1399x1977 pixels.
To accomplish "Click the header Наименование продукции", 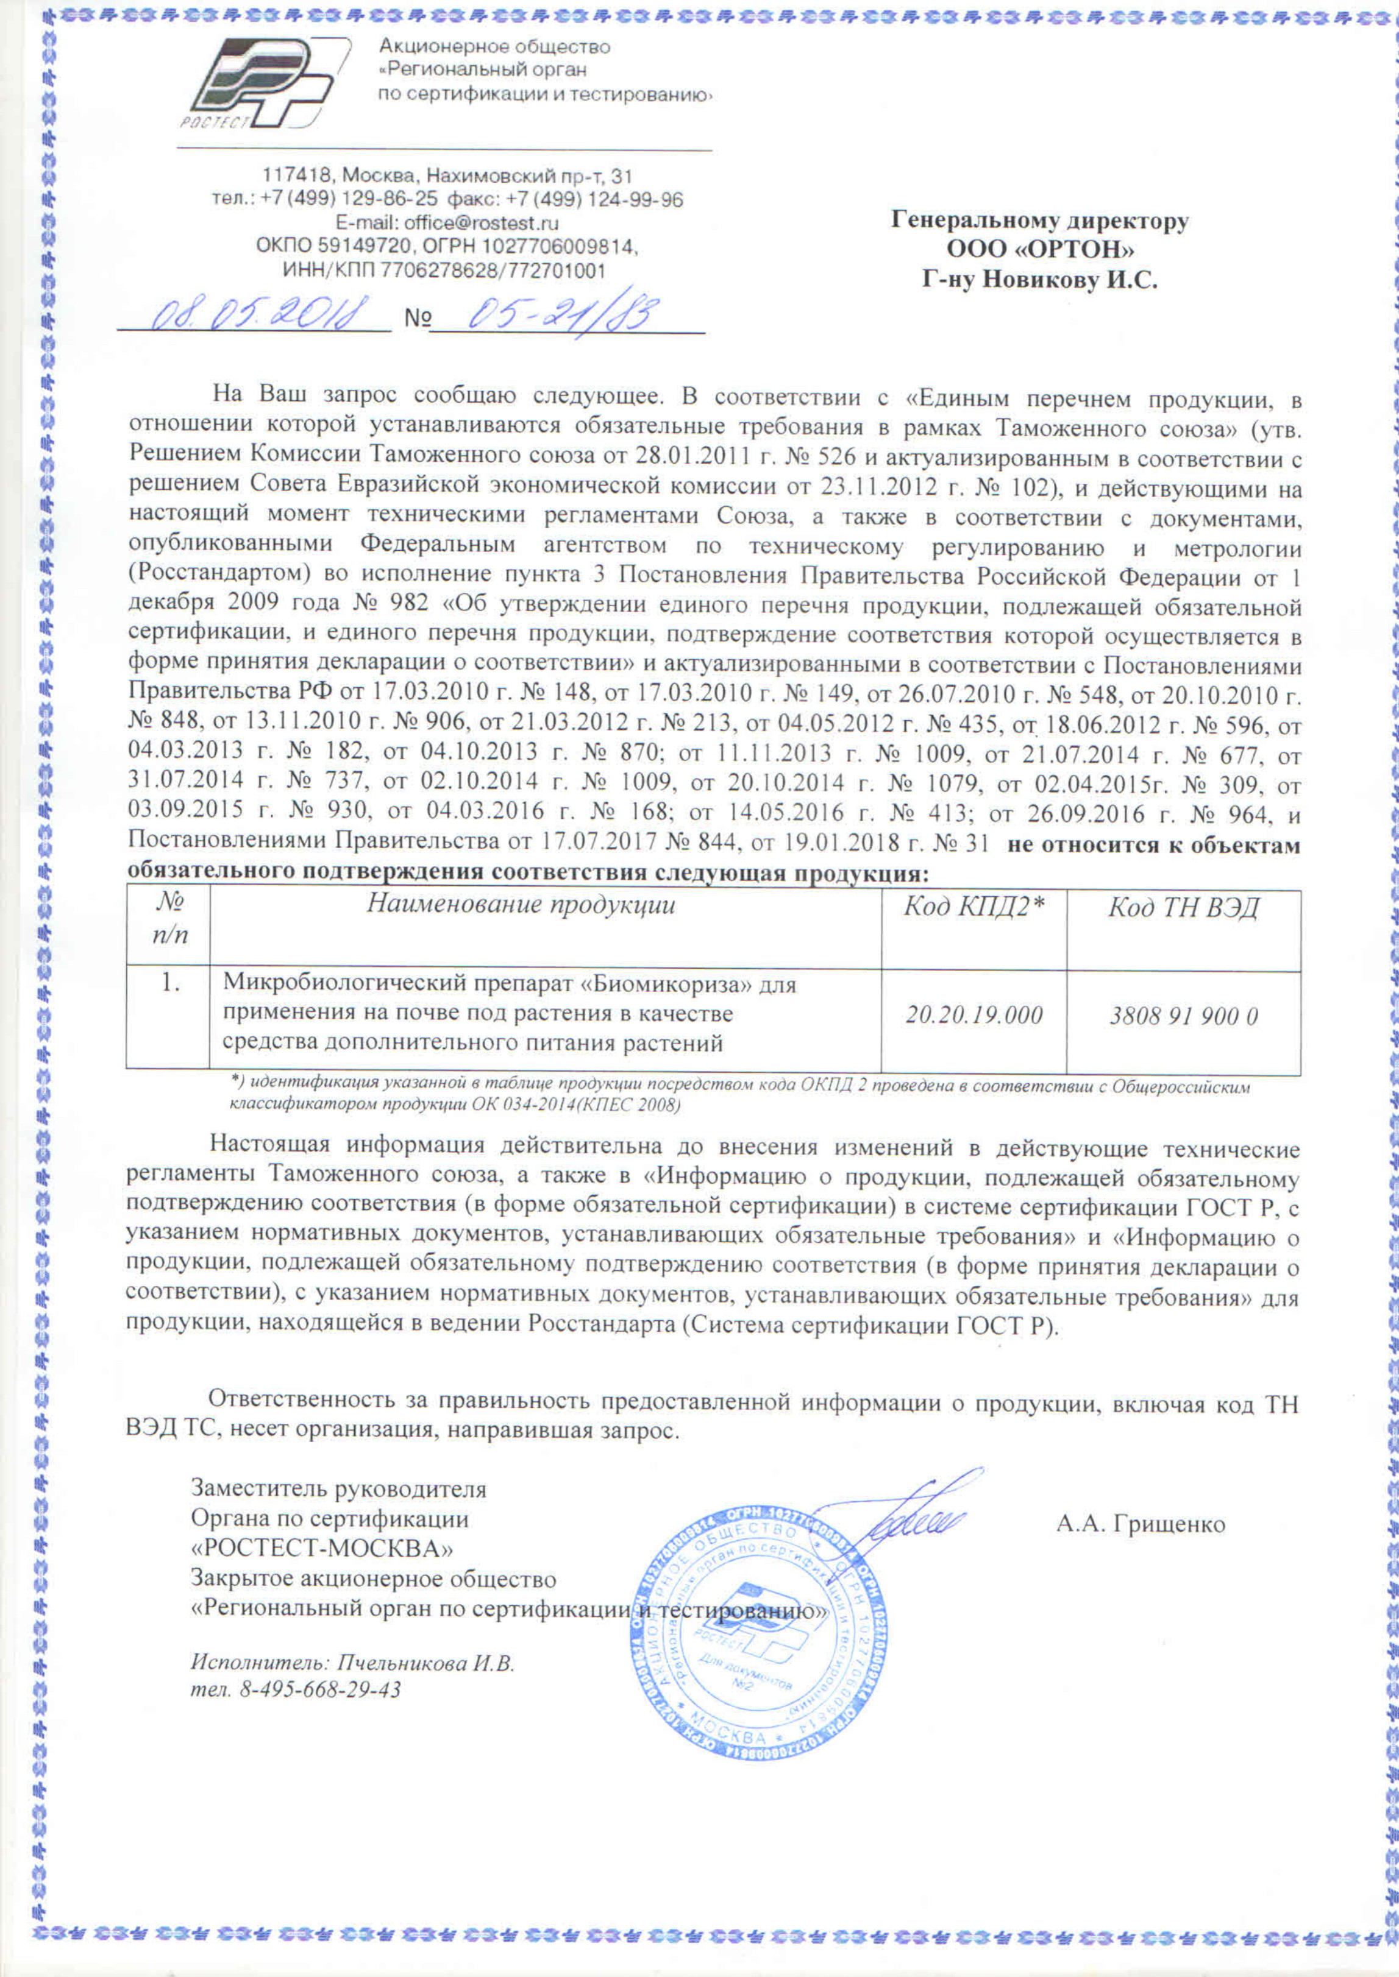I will (x=521, y=905).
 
